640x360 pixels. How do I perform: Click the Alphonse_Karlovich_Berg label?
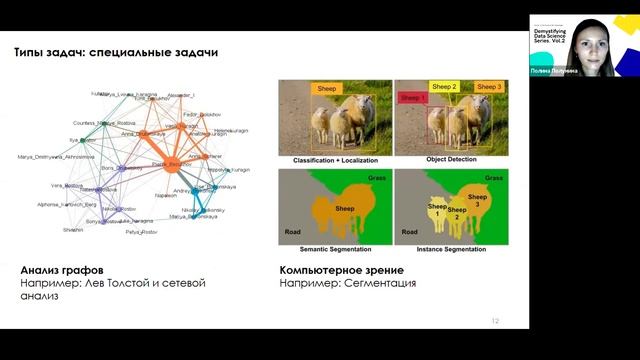pos(64,202)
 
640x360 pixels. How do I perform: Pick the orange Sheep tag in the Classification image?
pos(327,88)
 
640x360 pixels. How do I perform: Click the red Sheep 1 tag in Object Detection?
pos(412,97)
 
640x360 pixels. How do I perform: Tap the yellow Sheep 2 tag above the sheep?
pos(444,87)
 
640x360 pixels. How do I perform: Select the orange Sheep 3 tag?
pos(487,87)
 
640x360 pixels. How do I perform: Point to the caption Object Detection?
pos(449,160)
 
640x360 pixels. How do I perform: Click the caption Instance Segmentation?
pos(449,248)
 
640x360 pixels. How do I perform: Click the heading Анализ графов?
pos(64,270)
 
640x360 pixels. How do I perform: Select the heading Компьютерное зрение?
pos(342,270)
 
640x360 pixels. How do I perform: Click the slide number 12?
pos(495,321)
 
